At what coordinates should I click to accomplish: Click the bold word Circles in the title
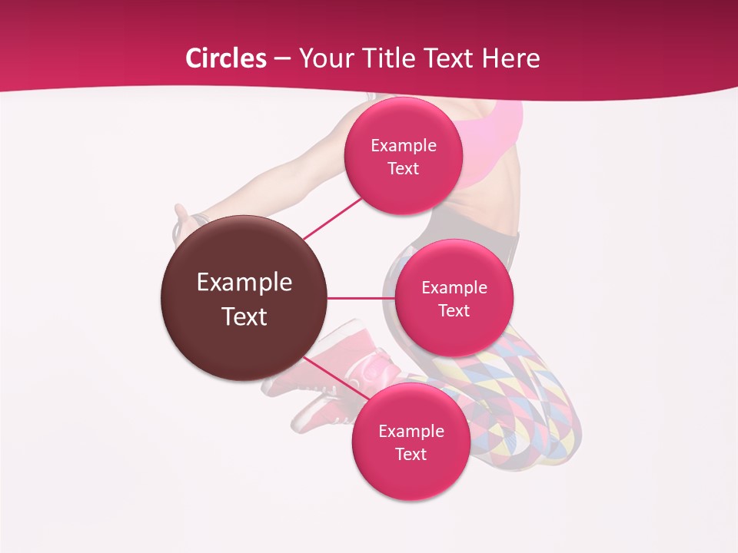(225, 58)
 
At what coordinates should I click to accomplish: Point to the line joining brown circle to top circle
(332, 217)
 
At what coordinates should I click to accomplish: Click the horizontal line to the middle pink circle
(361, 298)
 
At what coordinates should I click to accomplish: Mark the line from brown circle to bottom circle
(329, 377)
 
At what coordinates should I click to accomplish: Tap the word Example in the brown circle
(244, 283)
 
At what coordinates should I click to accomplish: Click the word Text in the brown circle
(244, 316)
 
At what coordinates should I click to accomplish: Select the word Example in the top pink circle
(404, 145)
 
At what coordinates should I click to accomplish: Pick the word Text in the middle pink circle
(454, 311)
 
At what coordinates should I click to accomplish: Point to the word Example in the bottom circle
(411, 431)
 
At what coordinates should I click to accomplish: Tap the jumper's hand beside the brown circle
(183, 220)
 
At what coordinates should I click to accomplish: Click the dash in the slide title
(281, 58)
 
